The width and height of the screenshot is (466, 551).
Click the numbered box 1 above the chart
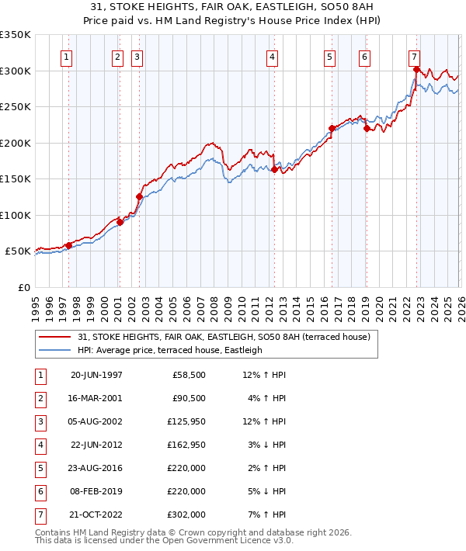(66, 57)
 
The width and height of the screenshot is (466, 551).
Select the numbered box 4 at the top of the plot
(273, 57)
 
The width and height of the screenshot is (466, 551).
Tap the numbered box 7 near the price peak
(415, 57)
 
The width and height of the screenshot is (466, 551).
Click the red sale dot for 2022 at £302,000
(417, 70)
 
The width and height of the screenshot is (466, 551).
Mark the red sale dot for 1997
(69, 245)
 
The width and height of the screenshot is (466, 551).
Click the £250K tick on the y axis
(16, 107)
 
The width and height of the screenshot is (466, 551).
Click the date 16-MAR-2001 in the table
(96, 398)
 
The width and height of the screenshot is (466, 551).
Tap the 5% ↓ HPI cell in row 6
(265, 491)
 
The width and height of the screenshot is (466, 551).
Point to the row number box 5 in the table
(39, 468)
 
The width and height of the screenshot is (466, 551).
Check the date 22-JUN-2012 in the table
(96, 445)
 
